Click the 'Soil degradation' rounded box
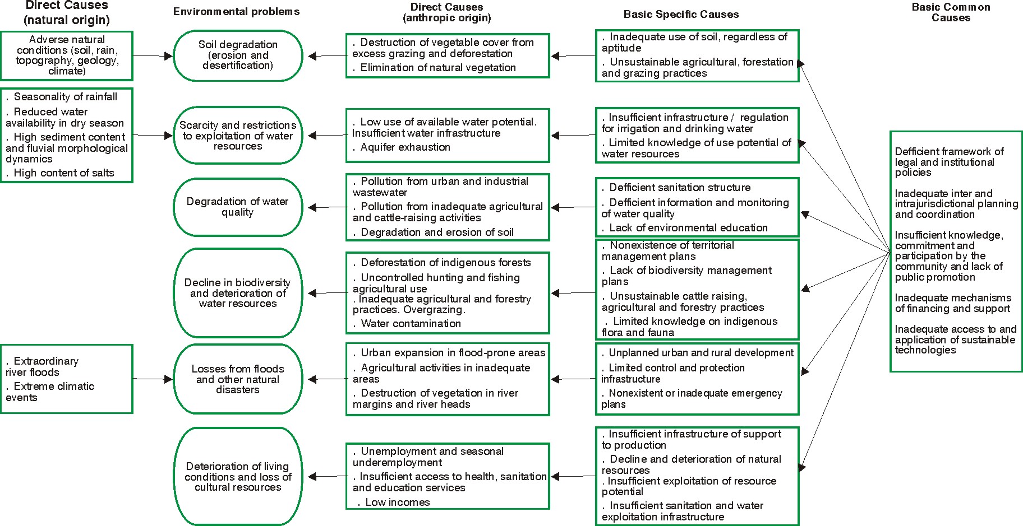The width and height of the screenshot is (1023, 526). coord(238,55)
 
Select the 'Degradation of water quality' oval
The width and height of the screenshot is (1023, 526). coord(238,207)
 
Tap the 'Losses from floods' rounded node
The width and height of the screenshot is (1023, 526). coord(238,379)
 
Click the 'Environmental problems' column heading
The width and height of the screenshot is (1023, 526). coord(236,12)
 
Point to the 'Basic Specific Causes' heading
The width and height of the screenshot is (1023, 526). coord(681,15)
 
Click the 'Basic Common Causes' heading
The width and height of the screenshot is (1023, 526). coord(951,12)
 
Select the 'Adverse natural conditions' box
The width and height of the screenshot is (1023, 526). coord(67,55)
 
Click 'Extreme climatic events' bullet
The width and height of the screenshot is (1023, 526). coord(50,392)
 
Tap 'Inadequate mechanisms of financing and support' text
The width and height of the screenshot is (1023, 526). coord(953,303)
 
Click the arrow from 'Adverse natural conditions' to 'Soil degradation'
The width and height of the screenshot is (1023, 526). coord(153,56)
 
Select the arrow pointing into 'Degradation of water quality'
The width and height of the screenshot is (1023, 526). coord(328,207)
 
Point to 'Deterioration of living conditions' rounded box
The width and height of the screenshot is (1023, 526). coord(238,477)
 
